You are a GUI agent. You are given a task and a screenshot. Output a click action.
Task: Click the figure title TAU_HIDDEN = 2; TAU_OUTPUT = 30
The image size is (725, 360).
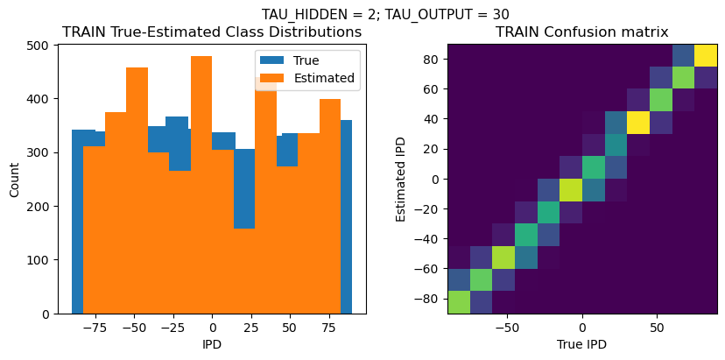(x=385, y=14)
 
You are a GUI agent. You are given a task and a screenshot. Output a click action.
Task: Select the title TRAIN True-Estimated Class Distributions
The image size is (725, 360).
(x=213, y=32)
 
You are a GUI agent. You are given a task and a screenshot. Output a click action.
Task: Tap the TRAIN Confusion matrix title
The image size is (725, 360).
(x=581, y=32)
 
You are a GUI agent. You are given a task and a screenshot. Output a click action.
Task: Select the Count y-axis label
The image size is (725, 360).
(x=14, y=180)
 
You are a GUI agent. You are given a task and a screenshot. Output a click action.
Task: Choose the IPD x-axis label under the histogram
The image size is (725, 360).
(x=212, y=344)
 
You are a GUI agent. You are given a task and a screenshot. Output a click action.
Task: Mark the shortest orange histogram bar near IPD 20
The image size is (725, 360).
(x=244, y=272)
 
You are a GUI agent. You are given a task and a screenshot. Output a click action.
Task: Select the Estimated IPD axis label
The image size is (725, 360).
(x=401, y=180)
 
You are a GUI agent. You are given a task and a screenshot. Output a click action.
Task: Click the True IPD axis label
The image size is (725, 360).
(x=581, y=344)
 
